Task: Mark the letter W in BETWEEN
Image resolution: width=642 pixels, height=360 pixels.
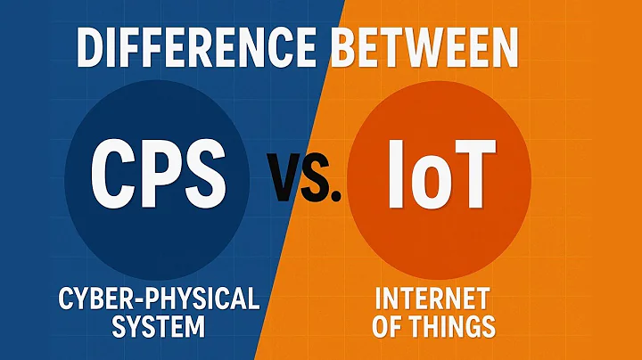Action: (458, 50)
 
